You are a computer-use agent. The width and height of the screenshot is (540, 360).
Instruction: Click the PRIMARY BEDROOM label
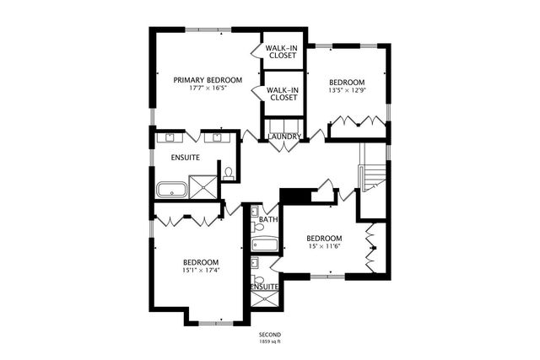pos(208,80)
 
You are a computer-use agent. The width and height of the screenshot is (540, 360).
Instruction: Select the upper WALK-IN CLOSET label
pos(281,52)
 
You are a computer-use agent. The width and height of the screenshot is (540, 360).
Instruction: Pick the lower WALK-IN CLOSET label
pos(281,94)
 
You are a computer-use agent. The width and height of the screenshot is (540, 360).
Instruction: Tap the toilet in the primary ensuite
pos(228,174)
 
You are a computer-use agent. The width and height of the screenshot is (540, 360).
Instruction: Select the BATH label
pos(268,220)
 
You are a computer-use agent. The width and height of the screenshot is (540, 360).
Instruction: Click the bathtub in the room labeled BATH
pos(264,244)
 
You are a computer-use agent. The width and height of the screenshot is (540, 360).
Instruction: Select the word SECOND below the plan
pos(269,336)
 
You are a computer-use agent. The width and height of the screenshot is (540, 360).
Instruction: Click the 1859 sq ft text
pos(269,343)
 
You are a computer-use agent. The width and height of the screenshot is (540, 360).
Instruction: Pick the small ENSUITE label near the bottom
pos(265,287)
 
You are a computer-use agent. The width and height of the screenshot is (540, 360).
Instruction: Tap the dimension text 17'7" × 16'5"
pos(208,89)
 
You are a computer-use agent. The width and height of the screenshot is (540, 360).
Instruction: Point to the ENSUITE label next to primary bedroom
pos(185,157)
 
